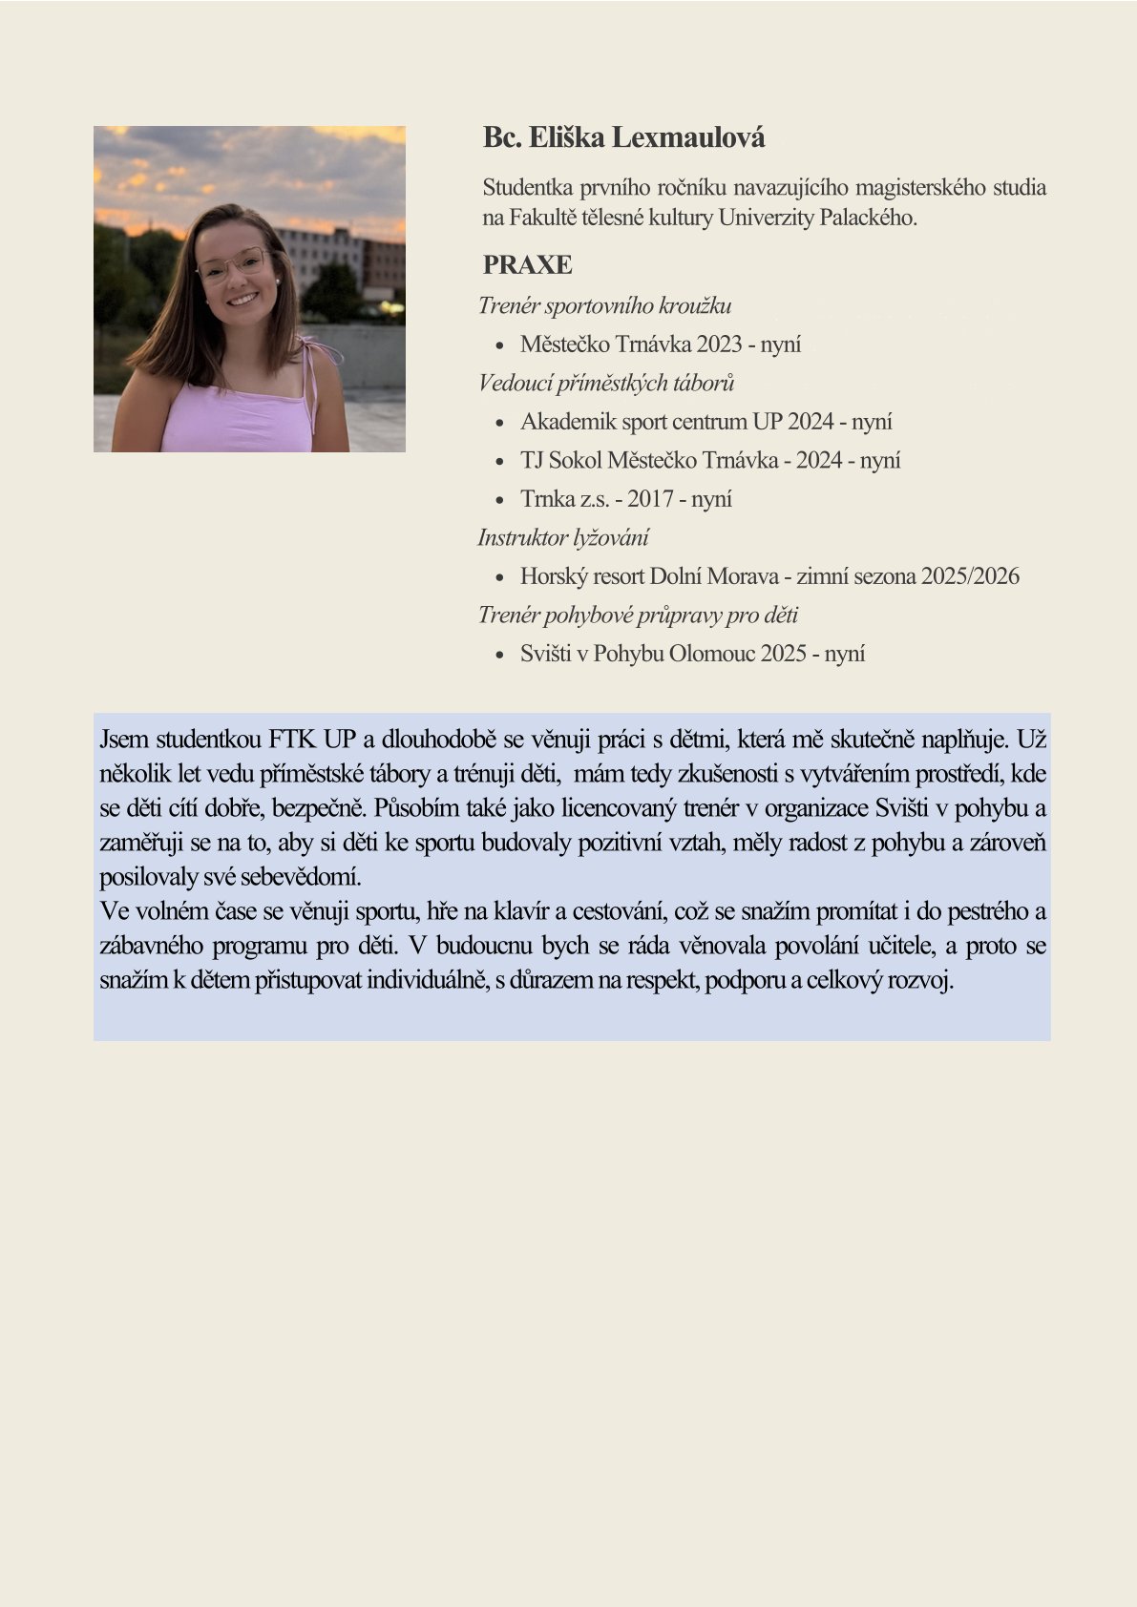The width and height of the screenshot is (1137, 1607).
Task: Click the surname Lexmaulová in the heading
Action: point(687,138)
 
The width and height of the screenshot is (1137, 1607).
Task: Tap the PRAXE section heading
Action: point(527,264)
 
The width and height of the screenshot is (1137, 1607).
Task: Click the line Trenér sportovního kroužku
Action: point(604,305)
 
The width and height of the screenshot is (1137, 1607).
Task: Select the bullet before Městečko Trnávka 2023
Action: point(499,345)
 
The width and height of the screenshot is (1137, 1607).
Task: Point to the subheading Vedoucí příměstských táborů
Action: point(606,383)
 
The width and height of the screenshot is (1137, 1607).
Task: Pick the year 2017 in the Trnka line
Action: point(650,499)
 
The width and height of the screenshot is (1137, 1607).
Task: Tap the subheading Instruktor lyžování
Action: point(563,537)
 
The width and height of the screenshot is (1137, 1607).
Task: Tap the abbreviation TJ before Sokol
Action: point(532,461)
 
